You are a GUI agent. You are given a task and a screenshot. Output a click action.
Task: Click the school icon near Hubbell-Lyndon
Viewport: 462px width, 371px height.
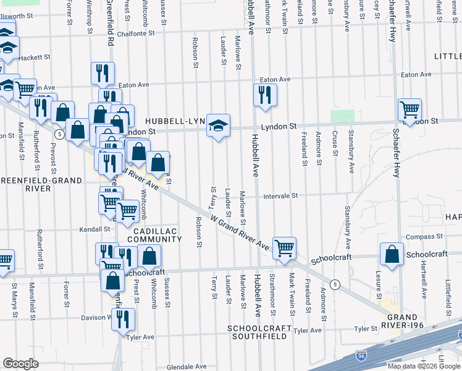(217, 126)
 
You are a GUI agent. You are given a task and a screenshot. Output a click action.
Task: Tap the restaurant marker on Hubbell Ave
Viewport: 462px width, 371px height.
(265, 95)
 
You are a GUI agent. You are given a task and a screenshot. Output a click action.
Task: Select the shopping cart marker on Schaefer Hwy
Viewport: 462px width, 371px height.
(409, 110)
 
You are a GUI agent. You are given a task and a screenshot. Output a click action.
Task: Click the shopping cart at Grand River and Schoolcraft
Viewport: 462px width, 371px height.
(284, 249)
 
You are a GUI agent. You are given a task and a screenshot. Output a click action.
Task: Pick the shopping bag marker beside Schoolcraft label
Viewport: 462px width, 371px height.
(392, 255)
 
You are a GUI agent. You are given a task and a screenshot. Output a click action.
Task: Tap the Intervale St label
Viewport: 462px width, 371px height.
(280, 195)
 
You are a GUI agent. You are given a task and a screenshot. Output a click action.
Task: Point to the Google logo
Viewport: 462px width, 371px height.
(20, 364)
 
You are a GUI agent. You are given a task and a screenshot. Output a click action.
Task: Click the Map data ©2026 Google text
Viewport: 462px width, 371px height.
(423, 366)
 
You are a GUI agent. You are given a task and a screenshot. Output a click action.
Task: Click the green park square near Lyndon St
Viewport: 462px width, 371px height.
(342, 117)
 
